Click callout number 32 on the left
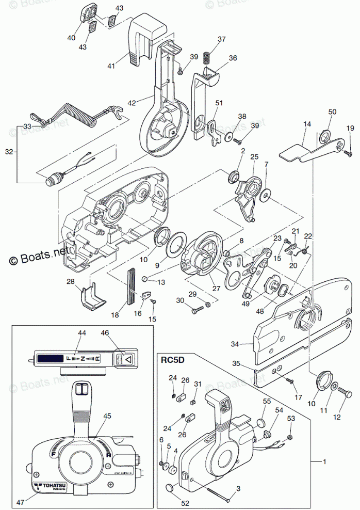click(8, 152)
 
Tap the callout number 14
click(307, 124)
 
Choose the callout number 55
click(267, 401)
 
